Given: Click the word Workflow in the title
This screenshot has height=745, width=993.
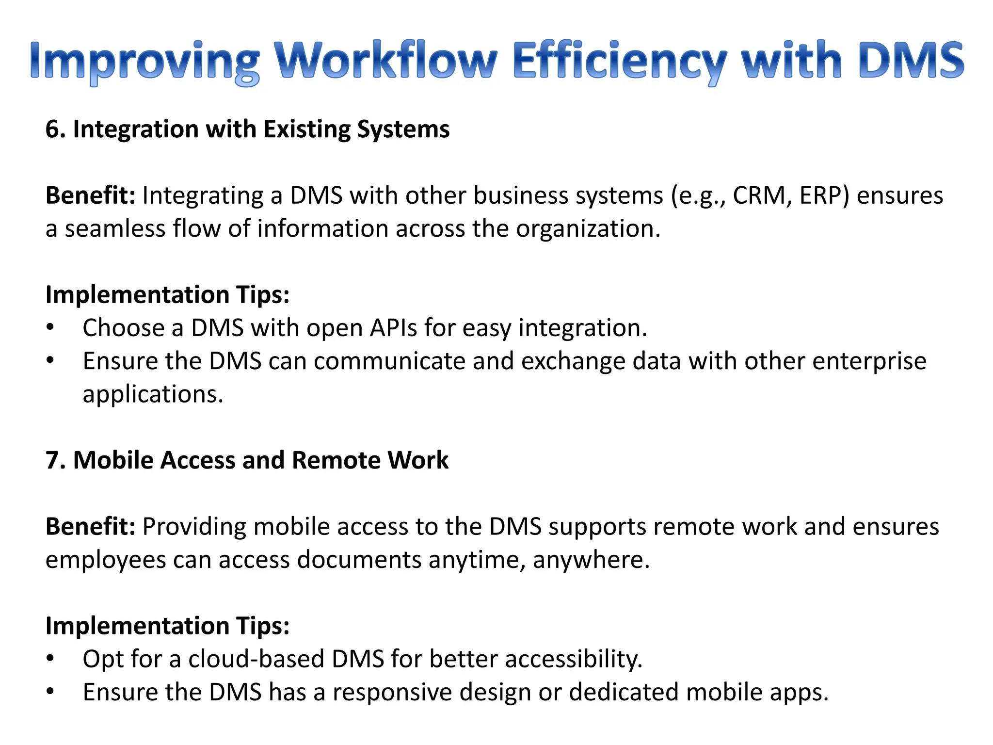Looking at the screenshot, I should click(x=386, y=61).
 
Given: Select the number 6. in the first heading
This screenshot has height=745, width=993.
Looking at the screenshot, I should click(x=55, y=130).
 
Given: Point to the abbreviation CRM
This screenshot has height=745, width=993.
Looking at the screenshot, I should click(x=762, y=195).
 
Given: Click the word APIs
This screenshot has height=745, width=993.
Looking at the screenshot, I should click(x=393, y=328).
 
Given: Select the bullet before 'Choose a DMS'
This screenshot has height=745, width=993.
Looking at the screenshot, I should click(x=50, y=328).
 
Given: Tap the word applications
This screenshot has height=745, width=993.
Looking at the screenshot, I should click(x=153, y=394).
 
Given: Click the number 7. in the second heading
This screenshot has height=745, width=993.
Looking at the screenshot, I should click(x=55, y=460).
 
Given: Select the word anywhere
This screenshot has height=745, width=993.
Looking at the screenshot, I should click(x=591, y=560).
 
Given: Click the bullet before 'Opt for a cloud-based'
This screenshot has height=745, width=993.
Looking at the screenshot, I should click(x=50, y=659).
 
